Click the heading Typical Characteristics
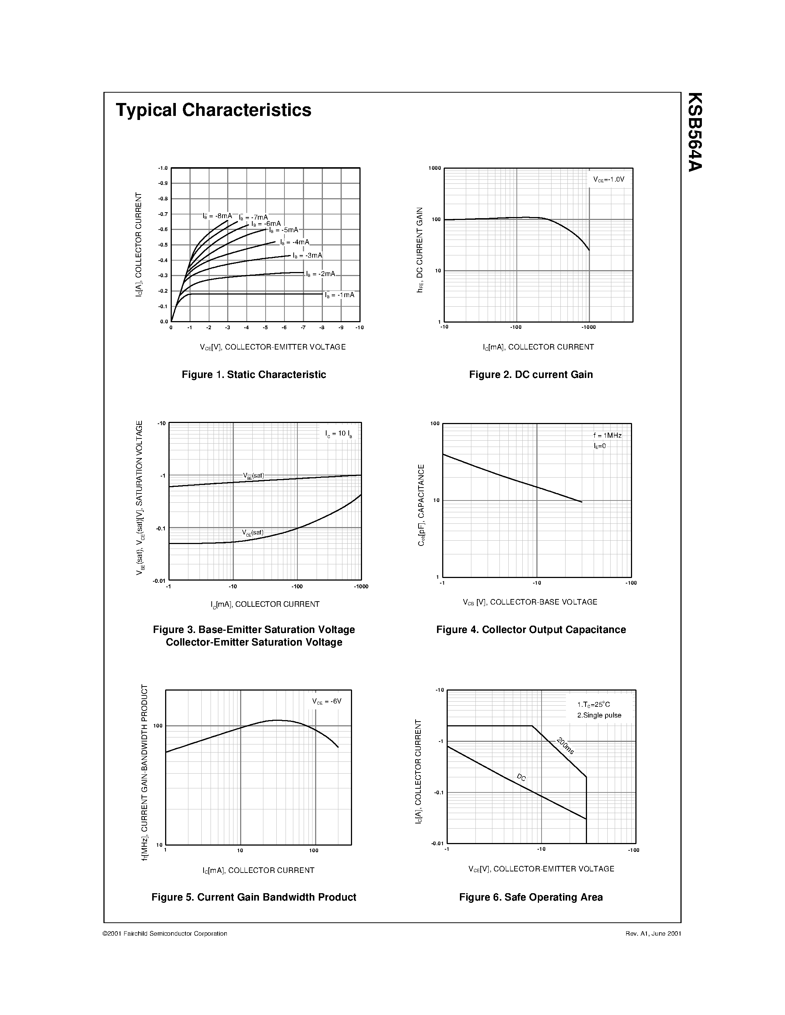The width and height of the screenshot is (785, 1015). click(x=214, y=110)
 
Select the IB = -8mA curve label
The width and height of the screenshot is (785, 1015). click(x=217, y=216)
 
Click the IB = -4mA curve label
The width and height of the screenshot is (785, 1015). click(x=295, y=242)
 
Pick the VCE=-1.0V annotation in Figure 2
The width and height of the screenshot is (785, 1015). click(x=609, y=179)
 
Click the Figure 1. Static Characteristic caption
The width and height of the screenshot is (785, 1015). click(x=253, y=375)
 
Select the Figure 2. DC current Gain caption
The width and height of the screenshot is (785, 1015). click(x=530, y=375)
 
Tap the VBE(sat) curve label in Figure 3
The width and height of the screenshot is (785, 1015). click(x=253, y=475)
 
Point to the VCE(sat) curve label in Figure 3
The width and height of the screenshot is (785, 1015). click(x=253, y=533)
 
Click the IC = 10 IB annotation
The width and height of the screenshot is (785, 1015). click(x=338, y=434)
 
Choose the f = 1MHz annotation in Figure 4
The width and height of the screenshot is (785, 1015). click(x=607, y=436)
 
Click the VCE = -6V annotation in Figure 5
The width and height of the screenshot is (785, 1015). click(x=327, y=701)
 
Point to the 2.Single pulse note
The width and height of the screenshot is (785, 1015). click(x=599, y=715)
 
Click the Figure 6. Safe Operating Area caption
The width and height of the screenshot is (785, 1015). click(x=530, y=897)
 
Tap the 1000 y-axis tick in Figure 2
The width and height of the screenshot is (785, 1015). click(x=434, y=168)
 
